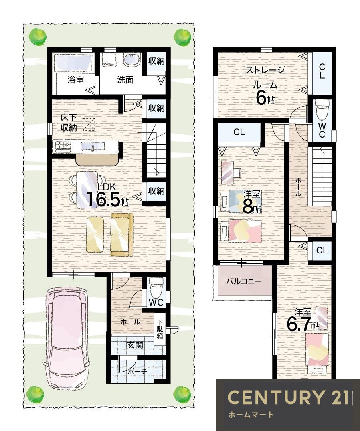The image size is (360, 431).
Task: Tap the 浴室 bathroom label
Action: [x=76, y=80]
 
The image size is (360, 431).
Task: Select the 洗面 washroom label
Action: [x=125, y=80]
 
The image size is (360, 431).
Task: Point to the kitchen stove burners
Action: [x=63, y=146]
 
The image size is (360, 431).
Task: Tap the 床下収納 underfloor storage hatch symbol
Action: [x=89, y=124]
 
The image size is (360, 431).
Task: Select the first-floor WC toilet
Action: [x=156, y=288]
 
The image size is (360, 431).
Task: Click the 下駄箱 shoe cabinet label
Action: [x=160, y=329]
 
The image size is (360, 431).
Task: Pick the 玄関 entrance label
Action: [x=135, y=345]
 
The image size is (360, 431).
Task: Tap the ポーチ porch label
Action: [x=137, y=372]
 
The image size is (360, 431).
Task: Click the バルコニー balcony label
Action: [x=244, y=281]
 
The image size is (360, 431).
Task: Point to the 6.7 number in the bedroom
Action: [x=299, y=324]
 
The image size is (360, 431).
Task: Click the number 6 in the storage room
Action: [x=261, y=97]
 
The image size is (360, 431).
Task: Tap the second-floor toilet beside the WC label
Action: [x=322, y=109]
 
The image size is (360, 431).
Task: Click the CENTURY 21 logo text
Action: [x=288, y=397]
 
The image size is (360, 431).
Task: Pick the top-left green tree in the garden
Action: [x=37, y=36]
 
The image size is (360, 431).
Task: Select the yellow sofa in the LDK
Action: [x=122, y=235]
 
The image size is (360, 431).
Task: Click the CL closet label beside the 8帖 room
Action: [x=239, y=132]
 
